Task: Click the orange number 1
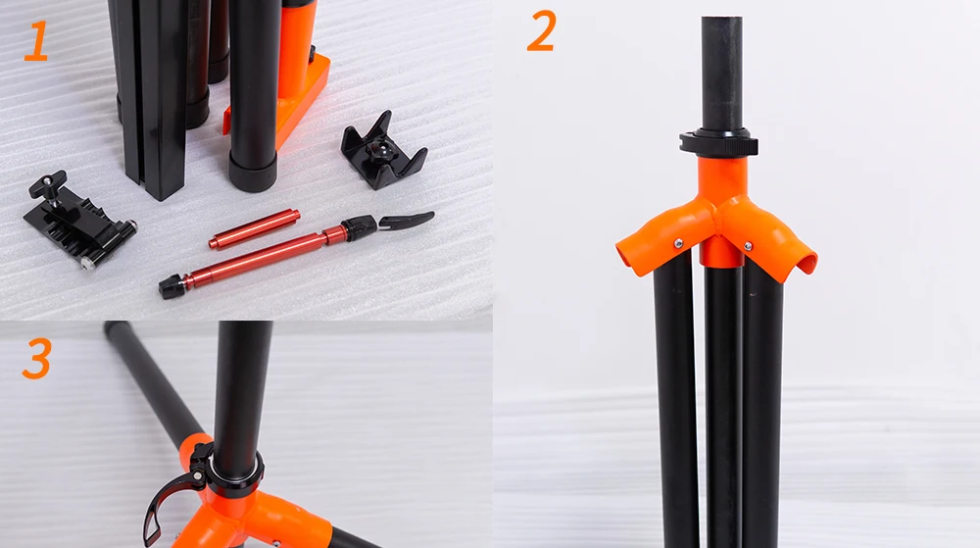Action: pyautogui.click(x=36, y=40)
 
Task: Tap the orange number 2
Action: pyautogui.click(x=541, y=31)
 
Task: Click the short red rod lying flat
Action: pyautogui.click(x=254, y=228)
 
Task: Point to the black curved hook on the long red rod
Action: pyautogui.click(x=407, y=220)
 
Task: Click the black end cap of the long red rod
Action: pyautogui.click(x=171, y=286)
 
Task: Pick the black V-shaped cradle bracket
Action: pyautogui.click(x=384, y=152)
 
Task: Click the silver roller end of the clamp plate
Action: pyautogui.click(x=128, y=227)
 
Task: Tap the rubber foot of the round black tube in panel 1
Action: pyautogui.click(x=252, y=170)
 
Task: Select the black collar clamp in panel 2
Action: pyautogui.click(x=718, y=142)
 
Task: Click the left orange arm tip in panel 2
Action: pyautogui.click(x=628, y=256)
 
